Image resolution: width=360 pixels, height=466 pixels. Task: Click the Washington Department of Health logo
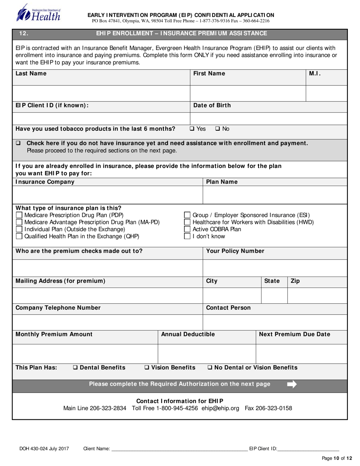pos(38,13)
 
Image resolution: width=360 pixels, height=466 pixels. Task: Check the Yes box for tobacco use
pos(192,129)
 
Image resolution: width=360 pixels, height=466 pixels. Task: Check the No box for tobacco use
pos(218,129)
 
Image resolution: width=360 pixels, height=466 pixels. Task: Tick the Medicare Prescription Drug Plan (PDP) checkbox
pos(19,215)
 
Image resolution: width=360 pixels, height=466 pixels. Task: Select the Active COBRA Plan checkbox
pos(187,229)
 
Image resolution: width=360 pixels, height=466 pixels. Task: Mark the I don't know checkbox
pos(187,236)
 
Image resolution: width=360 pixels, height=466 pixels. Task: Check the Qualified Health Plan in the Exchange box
pos(19,236)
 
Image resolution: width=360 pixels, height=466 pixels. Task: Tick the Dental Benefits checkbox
pos(75,367)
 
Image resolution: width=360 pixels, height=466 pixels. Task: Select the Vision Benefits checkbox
pos(147,367)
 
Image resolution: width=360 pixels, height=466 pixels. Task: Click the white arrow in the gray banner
pos(292,384)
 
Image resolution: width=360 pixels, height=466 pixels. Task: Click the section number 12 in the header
pos(23,34)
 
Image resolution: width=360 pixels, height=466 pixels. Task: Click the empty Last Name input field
pos(101,93)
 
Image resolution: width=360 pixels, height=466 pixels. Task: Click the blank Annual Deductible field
pos(207,353)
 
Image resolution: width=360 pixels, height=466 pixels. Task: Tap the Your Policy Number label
pos(235,251)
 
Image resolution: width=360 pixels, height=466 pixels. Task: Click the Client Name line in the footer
pos(178,449)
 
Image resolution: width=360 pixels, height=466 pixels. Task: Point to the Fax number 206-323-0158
pos(276,408)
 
